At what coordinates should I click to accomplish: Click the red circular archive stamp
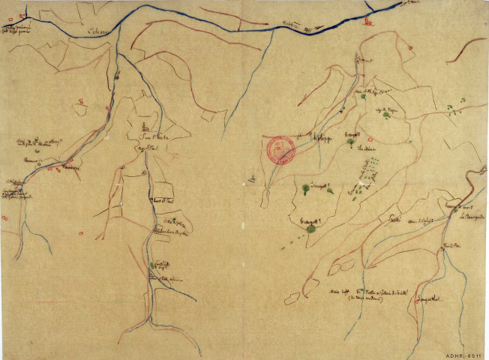click(x=281, y=150)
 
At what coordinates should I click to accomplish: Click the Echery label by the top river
click(x=97, y=31)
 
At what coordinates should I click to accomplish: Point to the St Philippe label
click(x=321, y=137)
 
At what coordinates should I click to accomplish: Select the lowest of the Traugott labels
click(x=309, y=218)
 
